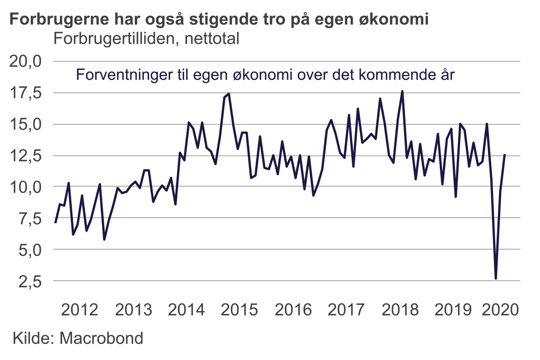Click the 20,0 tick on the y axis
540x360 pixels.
click(x=25, y=61)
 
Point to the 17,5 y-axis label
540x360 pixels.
click(x=25, y=93)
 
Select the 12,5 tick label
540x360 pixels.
click(x=25, y=156)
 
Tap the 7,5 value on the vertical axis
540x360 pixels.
click(x=30, y=218)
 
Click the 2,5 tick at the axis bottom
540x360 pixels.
click(x=30, y=281)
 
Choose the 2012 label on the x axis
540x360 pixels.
click(x=79, y=310)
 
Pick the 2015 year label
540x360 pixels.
click(x=239, y=310)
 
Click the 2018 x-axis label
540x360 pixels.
click(x=400, y=310)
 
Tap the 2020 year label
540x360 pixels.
click(x=500, y=310)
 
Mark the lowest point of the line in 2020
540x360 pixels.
click(x=496, y=278)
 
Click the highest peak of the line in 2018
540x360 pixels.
click(x=402, y=91)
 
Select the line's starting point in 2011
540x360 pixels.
click(x=55, y=223)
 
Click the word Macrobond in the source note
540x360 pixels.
click(x=101, y=338)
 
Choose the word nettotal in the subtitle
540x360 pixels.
click(x=212, y=39)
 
